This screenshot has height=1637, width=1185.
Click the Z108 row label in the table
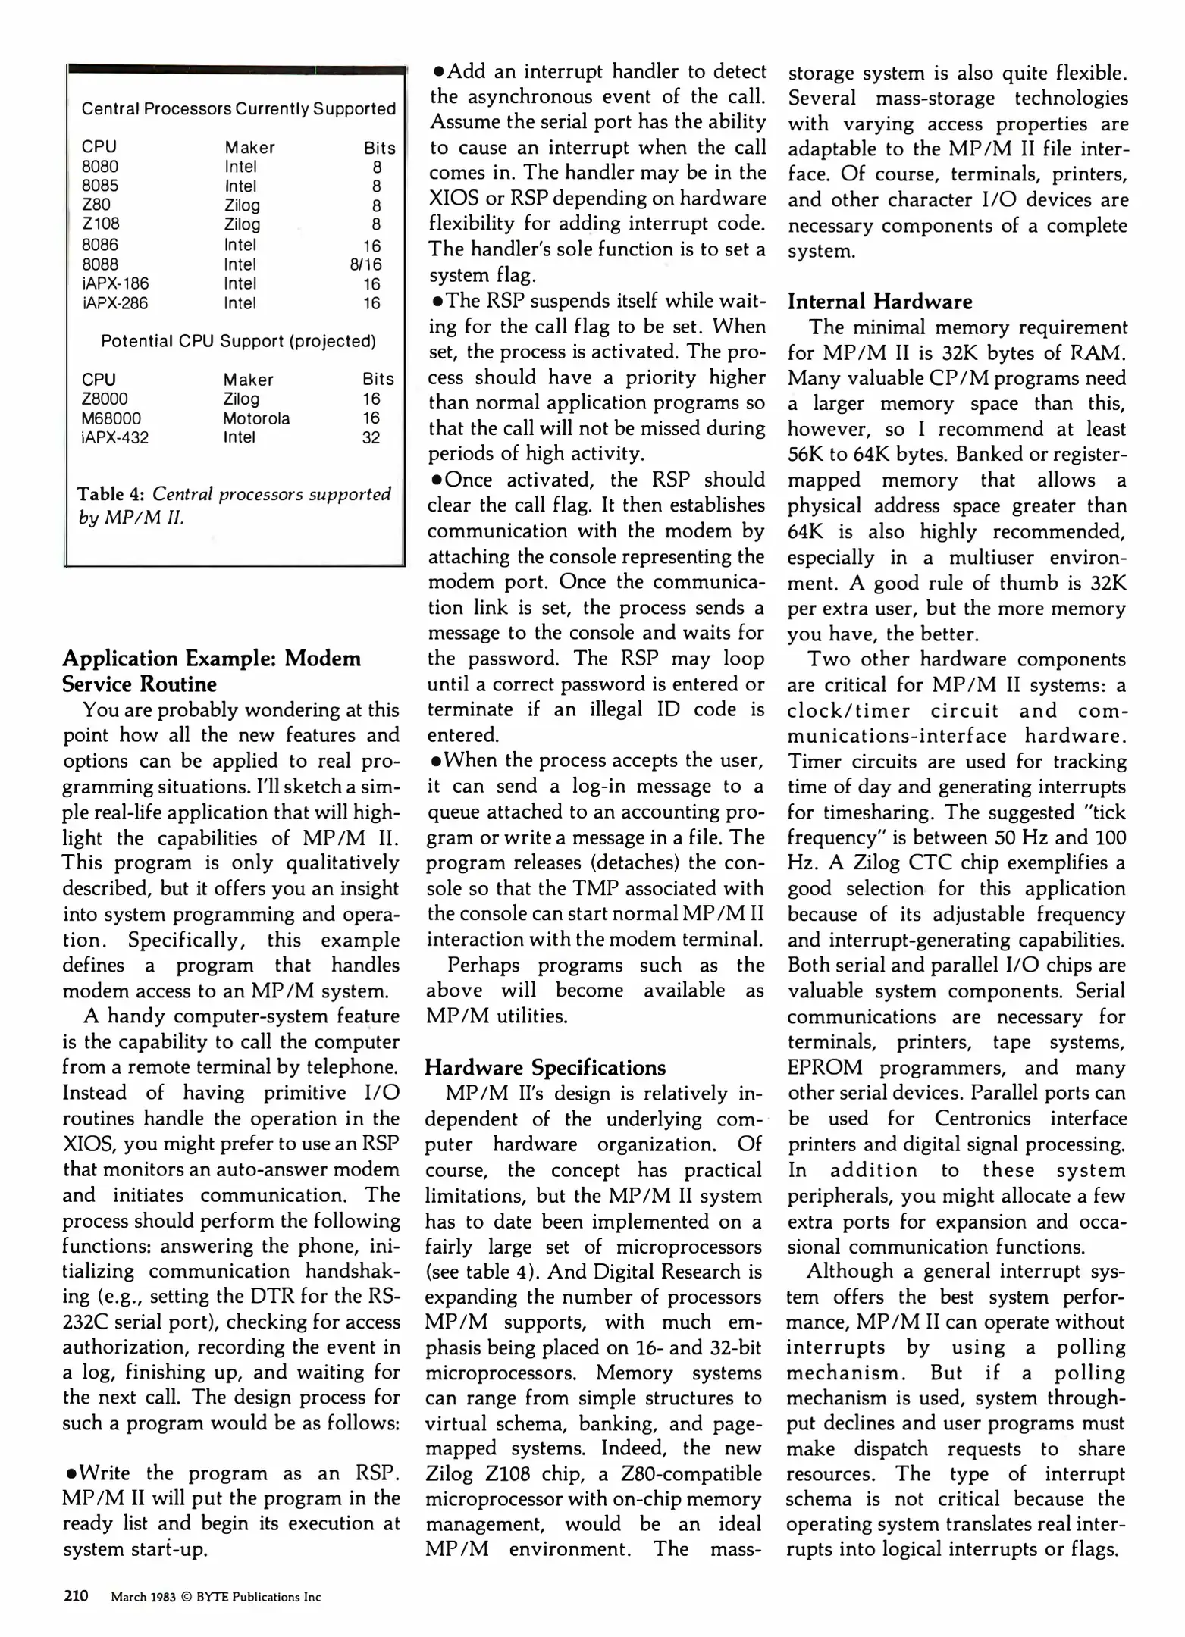click(x=100, y=224)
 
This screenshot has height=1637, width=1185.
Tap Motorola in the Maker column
click(x=256, y=418)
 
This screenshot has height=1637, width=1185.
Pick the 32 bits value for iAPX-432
click(x=371, y=437)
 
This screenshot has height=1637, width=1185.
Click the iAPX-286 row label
click(x=114, y=303)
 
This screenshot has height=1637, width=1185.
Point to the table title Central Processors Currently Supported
click(x=238, y=109)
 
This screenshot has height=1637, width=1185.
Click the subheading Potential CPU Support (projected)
click(x=238, y=341)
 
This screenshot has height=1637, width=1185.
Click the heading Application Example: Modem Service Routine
click(x=212, y=671)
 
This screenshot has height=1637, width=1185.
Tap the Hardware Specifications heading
click(x=545, y=1068)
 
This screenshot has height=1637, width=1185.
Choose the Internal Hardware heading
click(x=879, y=302)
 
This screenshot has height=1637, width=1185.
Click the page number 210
click(x=76, y=1596)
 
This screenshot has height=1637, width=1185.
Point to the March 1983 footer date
click(x=143, y=1597)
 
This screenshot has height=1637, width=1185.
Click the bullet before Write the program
click(x=70, y=1474)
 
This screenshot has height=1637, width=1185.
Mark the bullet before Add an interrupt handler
click(x=437, y=72)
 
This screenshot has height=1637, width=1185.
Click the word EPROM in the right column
click(x=824, y=1068)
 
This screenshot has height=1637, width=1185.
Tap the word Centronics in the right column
click(x=983, y=1119)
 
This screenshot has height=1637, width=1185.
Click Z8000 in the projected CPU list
click(x=105, y=399)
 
